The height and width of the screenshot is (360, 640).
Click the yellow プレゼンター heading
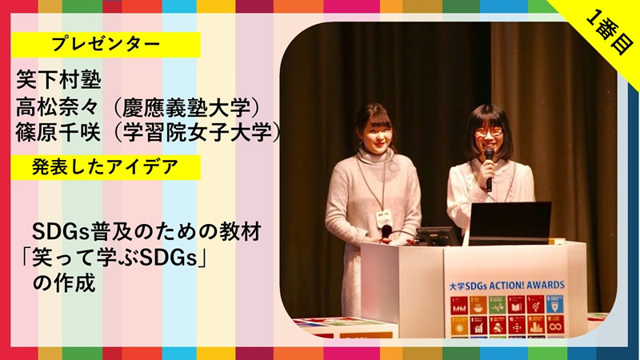[106, 44]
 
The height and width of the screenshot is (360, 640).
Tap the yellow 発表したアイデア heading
[106, 167]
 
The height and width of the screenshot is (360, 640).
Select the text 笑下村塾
[58, 79]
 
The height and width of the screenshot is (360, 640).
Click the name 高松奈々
[58, 107]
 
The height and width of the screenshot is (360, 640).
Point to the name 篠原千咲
[58, 132]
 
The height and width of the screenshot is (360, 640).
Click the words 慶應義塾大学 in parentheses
[186, 108]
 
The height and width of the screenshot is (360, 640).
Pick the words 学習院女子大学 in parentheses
[197, 132]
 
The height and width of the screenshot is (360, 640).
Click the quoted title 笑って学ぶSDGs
[114, 258]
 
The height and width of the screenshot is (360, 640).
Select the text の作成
[64, 283]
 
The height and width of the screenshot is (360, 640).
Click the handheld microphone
[489, 170]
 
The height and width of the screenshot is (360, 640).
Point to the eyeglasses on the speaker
[489, 132]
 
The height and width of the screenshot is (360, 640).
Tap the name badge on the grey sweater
[384, 219]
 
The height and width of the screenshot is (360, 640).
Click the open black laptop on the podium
[510, 223]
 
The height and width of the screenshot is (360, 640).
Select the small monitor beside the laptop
[438, 236]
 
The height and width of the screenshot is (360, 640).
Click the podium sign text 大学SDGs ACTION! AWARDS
[506, 286]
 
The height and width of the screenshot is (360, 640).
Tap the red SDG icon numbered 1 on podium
[459, 306]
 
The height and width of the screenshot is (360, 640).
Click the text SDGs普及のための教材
[146, 233]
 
